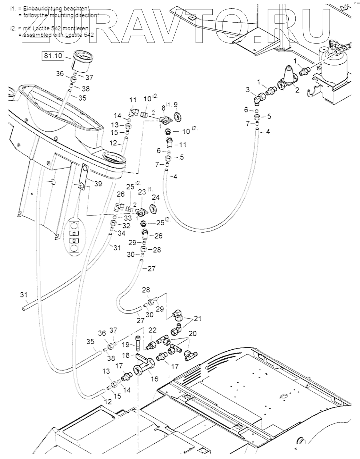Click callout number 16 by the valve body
tap(155, 379)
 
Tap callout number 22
tap(152, 330)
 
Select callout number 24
tap(156, 197)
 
